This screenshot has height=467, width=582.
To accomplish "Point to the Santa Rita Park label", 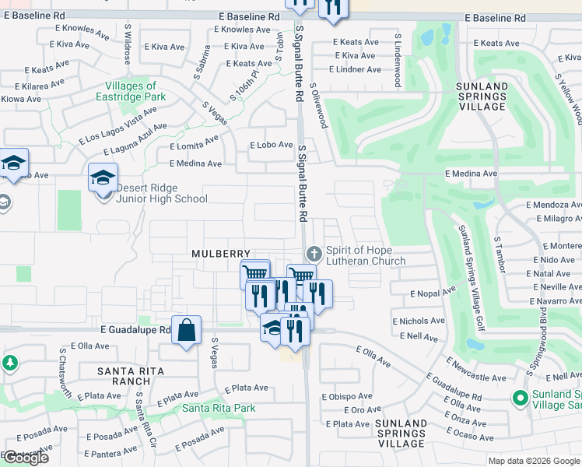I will (x=219, y=408).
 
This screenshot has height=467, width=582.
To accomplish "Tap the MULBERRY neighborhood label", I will (x=222, y=255).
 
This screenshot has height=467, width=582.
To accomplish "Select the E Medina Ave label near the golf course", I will (x=471, y=174).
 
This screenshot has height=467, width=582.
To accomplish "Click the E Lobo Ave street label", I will (x=271, y=146).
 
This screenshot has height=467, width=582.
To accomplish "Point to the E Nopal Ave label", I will (x=433, y=293).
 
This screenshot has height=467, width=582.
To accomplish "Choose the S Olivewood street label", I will (x=319, y=107).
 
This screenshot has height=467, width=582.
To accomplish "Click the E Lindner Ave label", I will (x=356, y=69).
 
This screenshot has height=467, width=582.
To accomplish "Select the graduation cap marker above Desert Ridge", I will (x=103, y=178).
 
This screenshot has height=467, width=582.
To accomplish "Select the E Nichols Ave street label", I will (x=419, y=321).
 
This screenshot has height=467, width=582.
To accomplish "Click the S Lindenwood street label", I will (x=398, y=59).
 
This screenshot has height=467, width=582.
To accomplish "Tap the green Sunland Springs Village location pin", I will (x=521, y=399).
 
